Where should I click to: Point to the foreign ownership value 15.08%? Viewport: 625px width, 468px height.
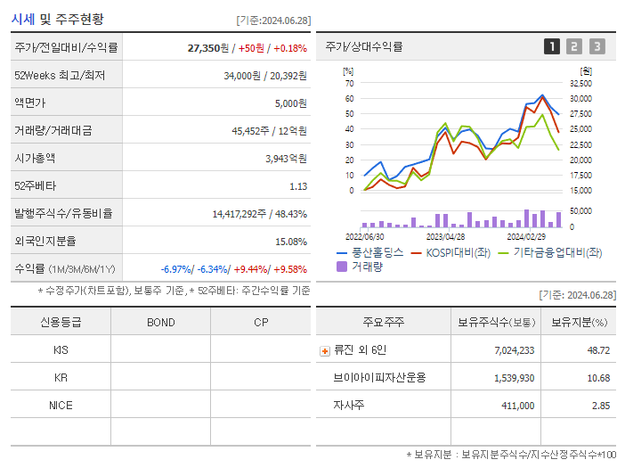290,241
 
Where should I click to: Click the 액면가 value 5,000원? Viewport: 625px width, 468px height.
290,103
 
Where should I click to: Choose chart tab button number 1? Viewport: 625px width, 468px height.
552,46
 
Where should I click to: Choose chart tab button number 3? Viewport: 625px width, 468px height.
597,46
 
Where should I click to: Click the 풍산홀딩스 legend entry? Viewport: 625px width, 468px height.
369,253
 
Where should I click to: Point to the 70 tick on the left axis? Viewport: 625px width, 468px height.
350,83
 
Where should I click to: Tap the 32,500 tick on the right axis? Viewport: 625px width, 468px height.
580,83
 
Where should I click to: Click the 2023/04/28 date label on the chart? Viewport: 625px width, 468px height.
446,236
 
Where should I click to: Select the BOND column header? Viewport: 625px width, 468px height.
160,322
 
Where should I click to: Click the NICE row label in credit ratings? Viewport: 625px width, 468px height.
61,405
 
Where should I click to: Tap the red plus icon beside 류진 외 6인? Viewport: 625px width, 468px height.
325,351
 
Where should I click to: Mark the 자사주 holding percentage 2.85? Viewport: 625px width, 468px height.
598,405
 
